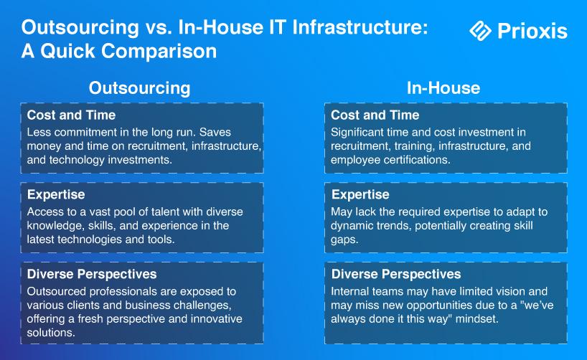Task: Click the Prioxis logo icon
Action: coord(480,31)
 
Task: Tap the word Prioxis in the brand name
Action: coord(532,31)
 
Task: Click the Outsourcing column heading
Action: coord(139,88)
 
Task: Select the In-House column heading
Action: coord(443,88)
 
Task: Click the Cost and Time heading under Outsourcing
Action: coord(71,115)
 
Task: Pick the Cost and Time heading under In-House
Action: coord(375,115)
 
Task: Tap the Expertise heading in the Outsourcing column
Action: coord(56,194)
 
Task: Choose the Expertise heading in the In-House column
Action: coord(360,194)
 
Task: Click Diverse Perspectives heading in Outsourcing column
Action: coord(92,274)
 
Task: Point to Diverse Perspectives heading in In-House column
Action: coord(396,274)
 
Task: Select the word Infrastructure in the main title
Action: coord(360,27)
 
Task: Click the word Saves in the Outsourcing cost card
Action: coord(215,132)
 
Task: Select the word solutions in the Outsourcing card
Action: coord(51,332)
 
